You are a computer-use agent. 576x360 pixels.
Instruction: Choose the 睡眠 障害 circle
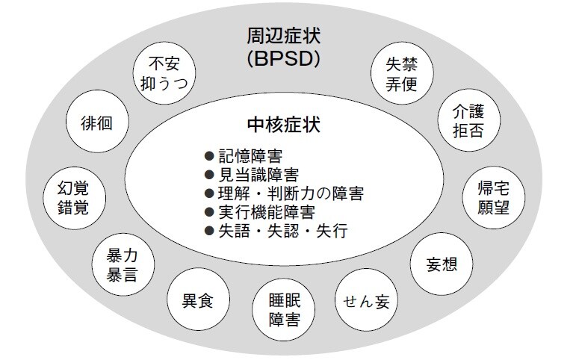point(284,311)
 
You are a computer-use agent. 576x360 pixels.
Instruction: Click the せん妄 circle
point(367,302)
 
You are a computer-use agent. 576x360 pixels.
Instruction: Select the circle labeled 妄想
point(440,264)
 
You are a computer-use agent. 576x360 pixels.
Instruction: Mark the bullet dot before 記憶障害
point(210,157)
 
